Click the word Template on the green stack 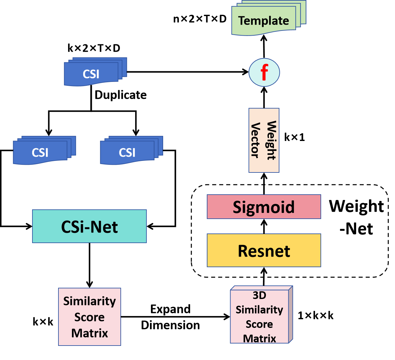(x=263, y=21)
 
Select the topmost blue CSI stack (x=91, y=74)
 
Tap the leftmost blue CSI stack (x=40, y=152)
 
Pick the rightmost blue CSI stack (x=127, y=152)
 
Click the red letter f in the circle (x=264, y=73)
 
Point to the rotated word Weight (x=271, y=140)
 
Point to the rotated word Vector (x=255, y=140)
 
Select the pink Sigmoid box (x=264, y=207)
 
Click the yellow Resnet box (x=264, y=250)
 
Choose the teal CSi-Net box (x=89, y=226)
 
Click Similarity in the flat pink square (x=89, y=301)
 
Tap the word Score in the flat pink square (x=89, y=317)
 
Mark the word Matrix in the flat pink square (x=89, y=333)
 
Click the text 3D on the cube (x=259, y=295)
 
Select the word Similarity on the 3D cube (x=259, y=310)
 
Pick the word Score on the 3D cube (x=259, y=324)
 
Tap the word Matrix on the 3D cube (x=259, y=338)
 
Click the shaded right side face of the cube (x=291, y=315)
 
